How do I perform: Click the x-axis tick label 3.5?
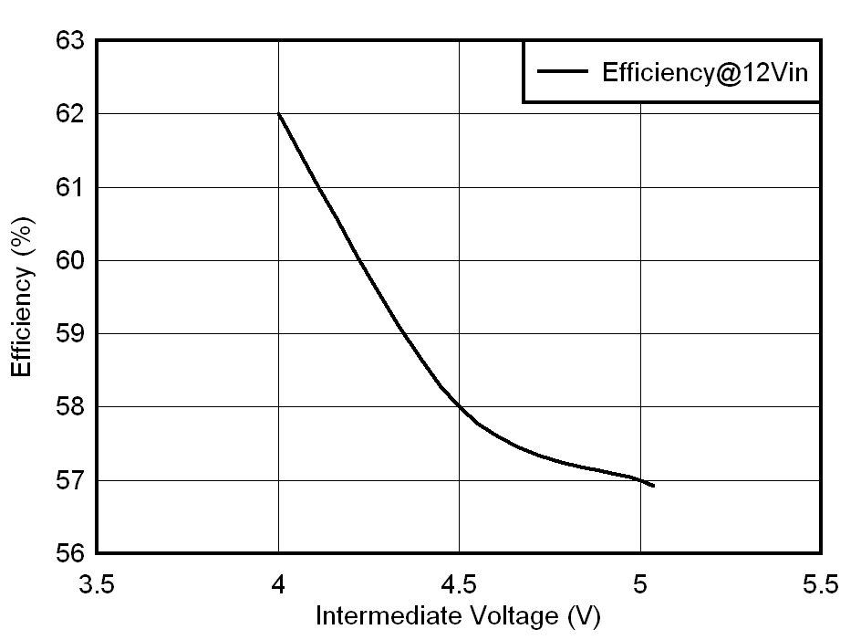point(97,585)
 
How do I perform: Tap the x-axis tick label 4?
point(278,585)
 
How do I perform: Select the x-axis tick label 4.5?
point(459,585)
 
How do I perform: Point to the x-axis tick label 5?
point(640,585)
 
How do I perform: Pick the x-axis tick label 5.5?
point(821,585)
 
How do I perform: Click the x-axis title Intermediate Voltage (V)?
point(458,617)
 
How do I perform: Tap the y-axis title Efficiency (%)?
point(23,297)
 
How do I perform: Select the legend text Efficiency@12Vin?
point(704,73)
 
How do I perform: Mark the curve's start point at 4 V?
point(278,114)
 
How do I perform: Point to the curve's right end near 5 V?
point(653,486)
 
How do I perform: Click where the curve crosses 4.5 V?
point(459,406)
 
